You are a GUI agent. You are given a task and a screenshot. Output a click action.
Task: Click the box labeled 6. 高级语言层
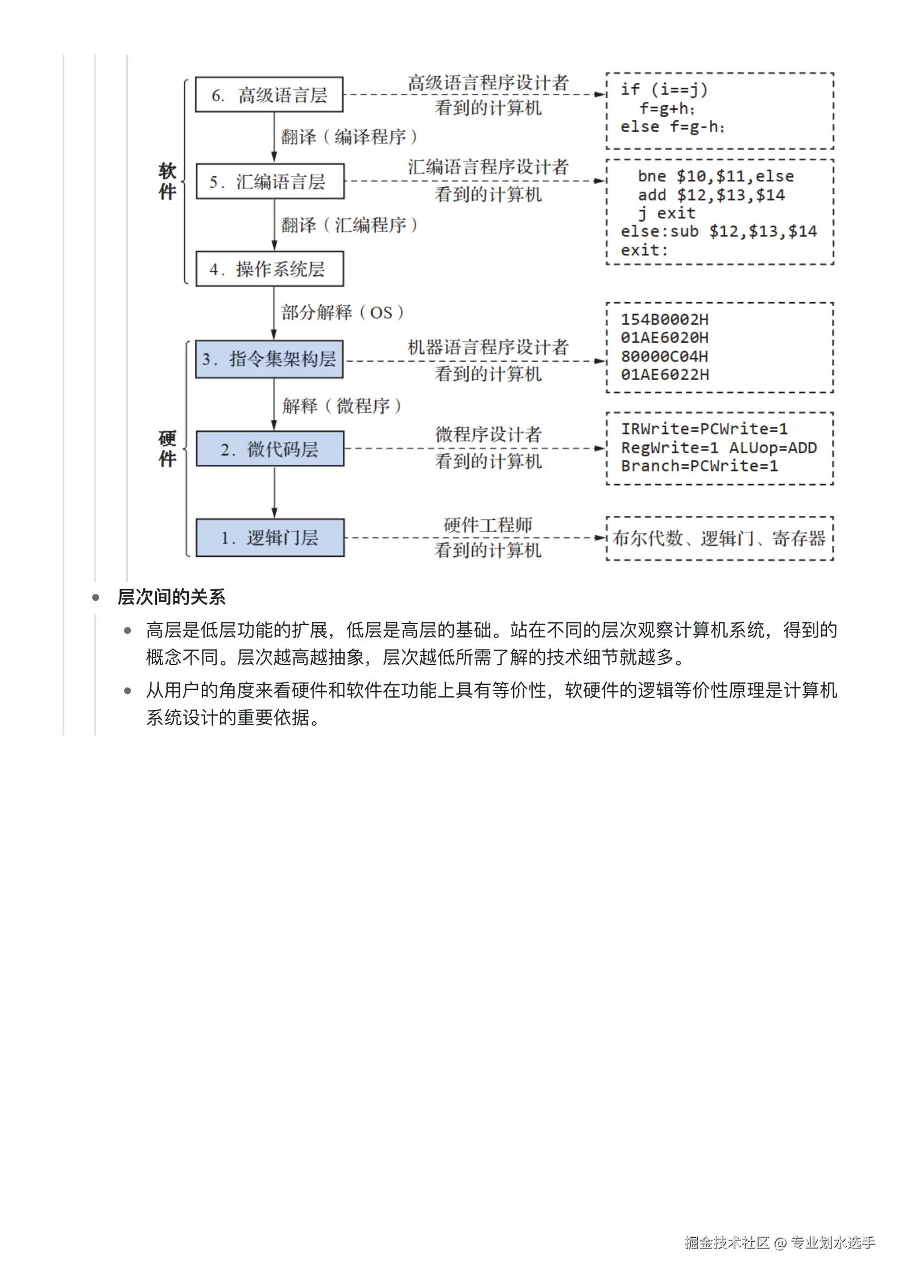pos(269,94)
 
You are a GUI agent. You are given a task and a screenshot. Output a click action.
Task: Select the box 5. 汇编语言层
pos(270,181)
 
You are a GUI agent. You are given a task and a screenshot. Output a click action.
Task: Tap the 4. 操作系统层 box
pos(270,268)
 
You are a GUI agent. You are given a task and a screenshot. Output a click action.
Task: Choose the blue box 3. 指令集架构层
pos(269,359)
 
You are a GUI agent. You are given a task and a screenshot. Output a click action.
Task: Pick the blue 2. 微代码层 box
pos(270,449)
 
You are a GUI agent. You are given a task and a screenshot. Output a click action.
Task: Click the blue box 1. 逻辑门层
pos(270,537)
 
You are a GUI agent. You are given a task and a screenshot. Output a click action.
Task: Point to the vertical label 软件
pos(167,181)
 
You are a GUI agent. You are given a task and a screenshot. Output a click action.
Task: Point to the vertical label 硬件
pos(167,448)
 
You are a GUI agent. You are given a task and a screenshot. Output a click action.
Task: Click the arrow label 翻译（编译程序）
pos(349,137)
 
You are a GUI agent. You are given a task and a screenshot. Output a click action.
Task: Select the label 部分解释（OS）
pos(342,312)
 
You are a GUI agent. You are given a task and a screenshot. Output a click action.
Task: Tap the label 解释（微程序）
pos(342,406)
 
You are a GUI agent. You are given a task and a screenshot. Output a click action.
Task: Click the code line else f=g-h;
pos(672,127)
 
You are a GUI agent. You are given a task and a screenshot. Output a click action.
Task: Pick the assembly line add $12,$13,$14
pos(711,195)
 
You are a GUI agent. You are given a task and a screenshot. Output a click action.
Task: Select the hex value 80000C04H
pos(664,357)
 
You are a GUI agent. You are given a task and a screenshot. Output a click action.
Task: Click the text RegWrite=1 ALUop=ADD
pos(718,448)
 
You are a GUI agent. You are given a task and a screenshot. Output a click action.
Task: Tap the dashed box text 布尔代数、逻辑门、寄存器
pos(719,538)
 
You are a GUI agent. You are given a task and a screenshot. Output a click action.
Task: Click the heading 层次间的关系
pos(171,597)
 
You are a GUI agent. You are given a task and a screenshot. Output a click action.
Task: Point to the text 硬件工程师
pos(487,524)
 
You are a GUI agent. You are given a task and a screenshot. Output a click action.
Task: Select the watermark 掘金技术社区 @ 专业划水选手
pos(779,1242)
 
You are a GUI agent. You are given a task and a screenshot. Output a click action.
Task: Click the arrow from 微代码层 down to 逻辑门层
pos(274,492)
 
